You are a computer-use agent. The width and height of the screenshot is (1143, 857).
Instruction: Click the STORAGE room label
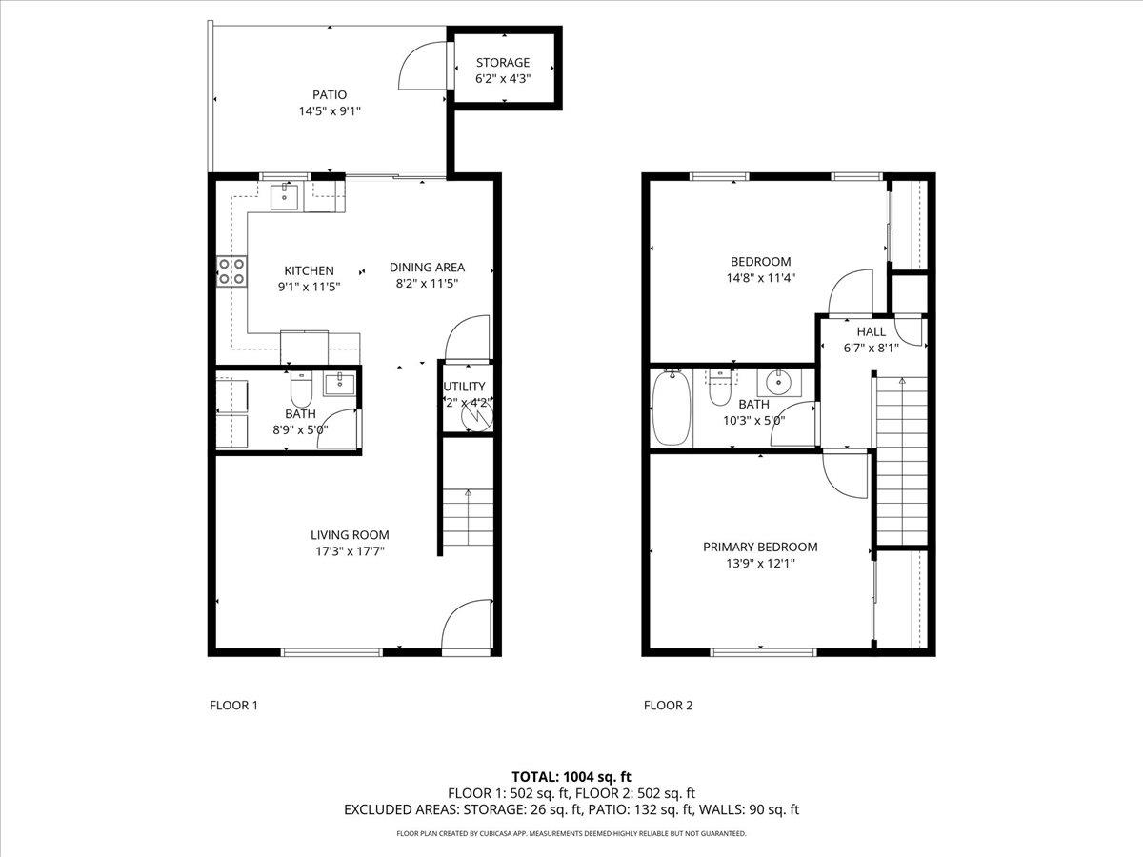pyautogui.click(x=503, y=63)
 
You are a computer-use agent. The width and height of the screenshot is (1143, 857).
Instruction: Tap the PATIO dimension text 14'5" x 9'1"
pyautogui.click(x=330, y=110)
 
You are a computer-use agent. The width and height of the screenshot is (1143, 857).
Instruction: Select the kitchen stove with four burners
pyautogui.click(x=231, y=271)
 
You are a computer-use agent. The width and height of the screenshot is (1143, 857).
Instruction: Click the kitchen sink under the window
pyautogui.click(x=284, y=197)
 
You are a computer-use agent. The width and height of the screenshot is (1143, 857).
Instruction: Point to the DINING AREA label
pyautogui.click(x=427, y=268)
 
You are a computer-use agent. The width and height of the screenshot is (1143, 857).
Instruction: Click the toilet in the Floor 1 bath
pyautogui.click(x=301, y=389)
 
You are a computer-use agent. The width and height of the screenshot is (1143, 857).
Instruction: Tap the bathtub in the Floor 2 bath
pyautogui.click(x=671, y=408)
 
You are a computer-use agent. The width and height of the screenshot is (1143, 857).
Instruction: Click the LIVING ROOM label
pyautogui.click(x=350, y=535)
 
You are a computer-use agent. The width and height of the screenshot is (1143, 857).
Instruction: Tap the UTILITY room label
pyautogui.click(x=464, y=387)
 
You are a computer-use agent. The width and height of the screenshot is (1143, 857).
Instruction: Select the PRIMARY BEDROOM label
pyautogui.click(x=760, y=547)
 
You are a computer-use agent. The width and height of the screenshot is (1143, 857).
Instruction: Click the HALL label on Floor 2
pyautogui.click(x=871, y=331)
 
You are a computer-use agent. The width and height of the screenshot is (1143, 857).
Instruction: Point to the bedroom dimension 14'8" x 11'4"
pyautogui.click(x=760, y=278)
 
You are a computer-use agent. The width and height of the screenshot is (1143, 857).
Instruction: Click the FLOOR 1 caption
pyautogui.click(x=233, y=706)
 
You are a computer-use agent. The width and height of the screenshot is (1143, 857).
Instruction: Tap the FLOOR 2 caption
pyautogui.click(x=668, y=706)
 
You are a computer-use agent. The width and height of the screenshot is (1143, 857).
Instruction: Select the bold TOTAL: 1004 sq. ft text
pyautogui.click(x=571, y=777)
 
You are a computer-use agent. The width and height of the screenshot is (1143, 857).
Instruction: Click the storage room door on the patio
pyautogui.click(x=424, y=67)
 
